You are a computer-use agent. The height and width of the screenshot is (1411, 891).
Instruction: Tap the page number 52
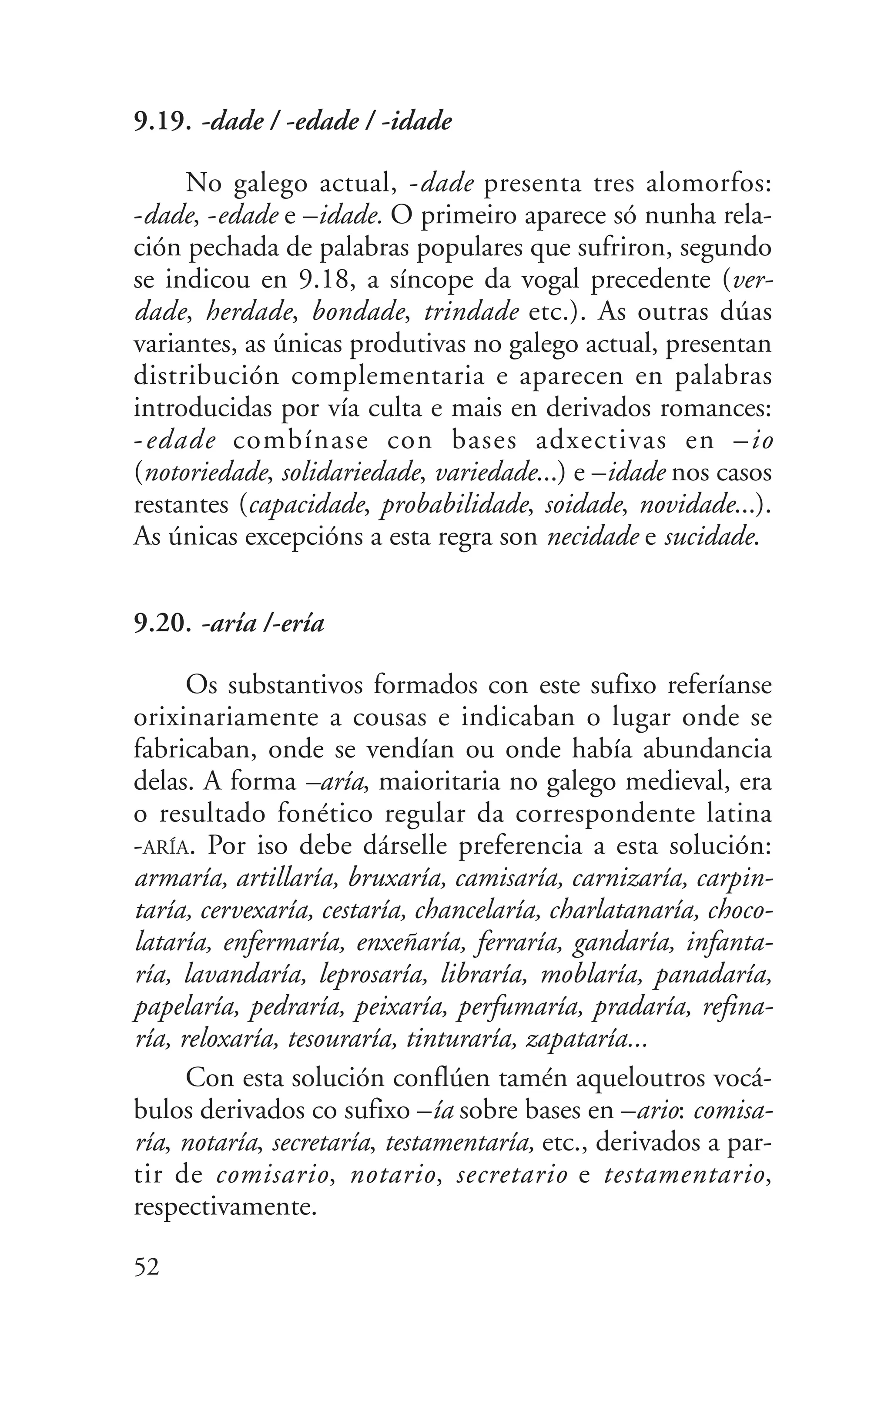point(147,1267)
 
